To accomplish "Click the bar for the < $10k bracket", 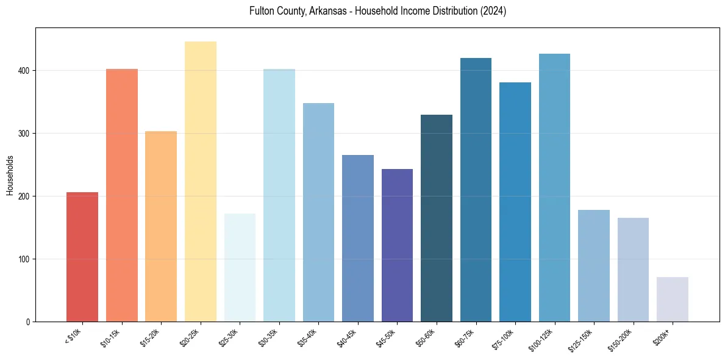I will [x=82, y=257].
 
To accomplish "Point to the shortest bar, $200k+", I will [x=673, y=300].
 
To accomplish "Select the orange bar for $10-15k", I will [x=121, y=195].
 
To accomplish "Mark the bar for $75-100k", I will [x=515, y=202].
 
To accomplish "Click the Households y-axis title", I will [x=10, y=175].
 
